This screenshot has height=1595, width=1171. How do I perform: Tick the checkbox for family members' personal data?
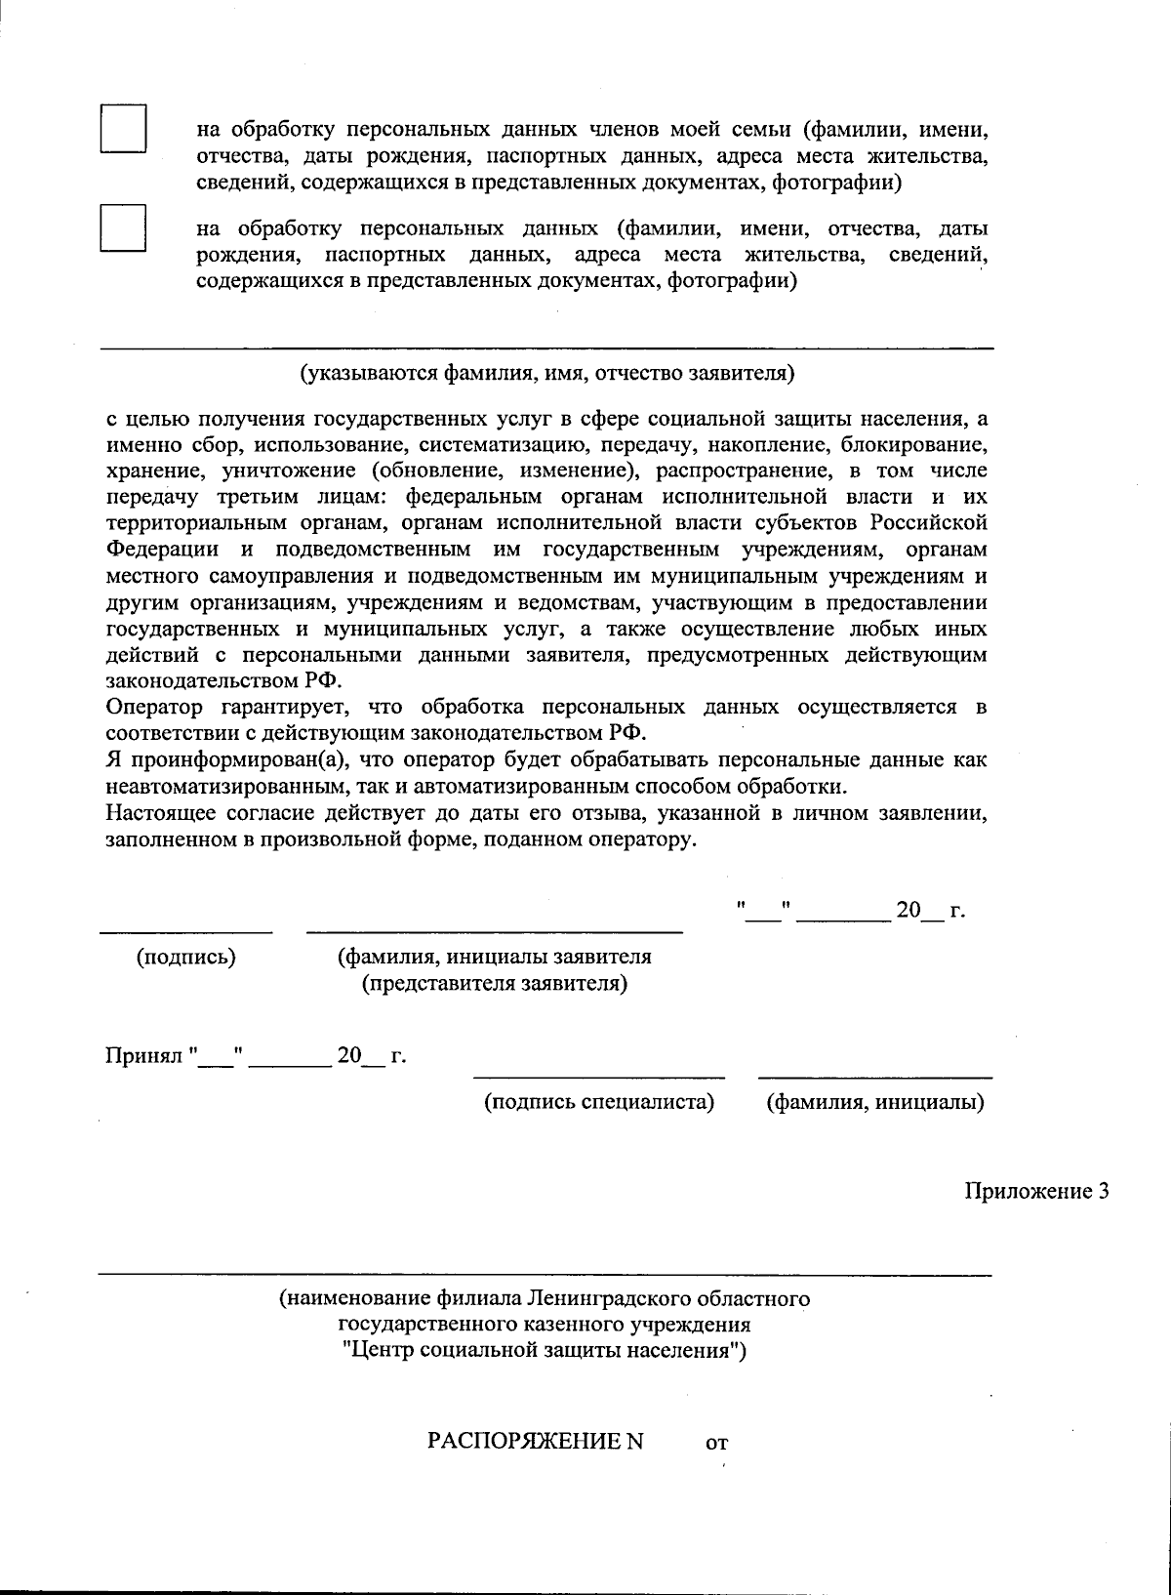(123, 129)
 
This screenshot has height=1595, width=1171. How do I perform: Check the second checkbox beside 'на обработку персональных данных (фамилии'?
(123, 228)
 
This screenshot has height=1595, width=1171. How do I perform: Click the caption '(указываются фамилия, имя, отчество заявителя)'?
(546, 373)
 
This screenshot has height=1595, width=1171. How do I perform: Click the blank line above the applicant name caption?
(546, 348)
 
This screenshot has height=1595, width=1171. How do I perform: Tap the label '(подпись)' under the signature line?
(186, 957)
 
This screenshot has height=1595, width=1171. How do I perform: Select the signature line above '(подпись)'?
(186, 932)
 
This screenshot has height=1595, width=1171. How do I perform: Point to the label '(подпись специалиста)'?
(599, 1102)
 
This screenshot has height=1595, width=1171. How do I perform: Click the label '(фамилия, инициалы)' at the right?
(875, 1102)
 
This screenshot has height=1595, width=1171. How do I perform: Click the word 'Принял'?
(144, 1056)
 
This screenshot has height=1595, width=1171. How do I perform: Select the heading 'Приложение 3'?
(1036, 1192)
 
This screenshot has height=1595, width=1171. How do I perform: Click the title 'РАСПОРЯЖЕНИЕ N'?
(536, 1441)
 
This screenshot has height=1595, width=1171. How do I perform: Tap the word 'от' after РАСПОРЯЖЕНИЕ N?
(716, 1443)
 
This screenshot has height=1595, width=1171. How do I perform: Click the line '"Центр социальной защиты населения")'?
(545, 1351)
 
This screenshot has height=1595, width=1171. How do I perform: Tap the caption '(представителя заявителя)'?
(495, 983)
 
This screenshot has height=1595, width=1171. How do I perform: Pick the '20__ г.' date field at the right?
(929, 911)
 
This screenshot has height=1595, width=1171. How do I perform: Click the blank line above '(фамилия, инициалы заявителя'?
(495, 932)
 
